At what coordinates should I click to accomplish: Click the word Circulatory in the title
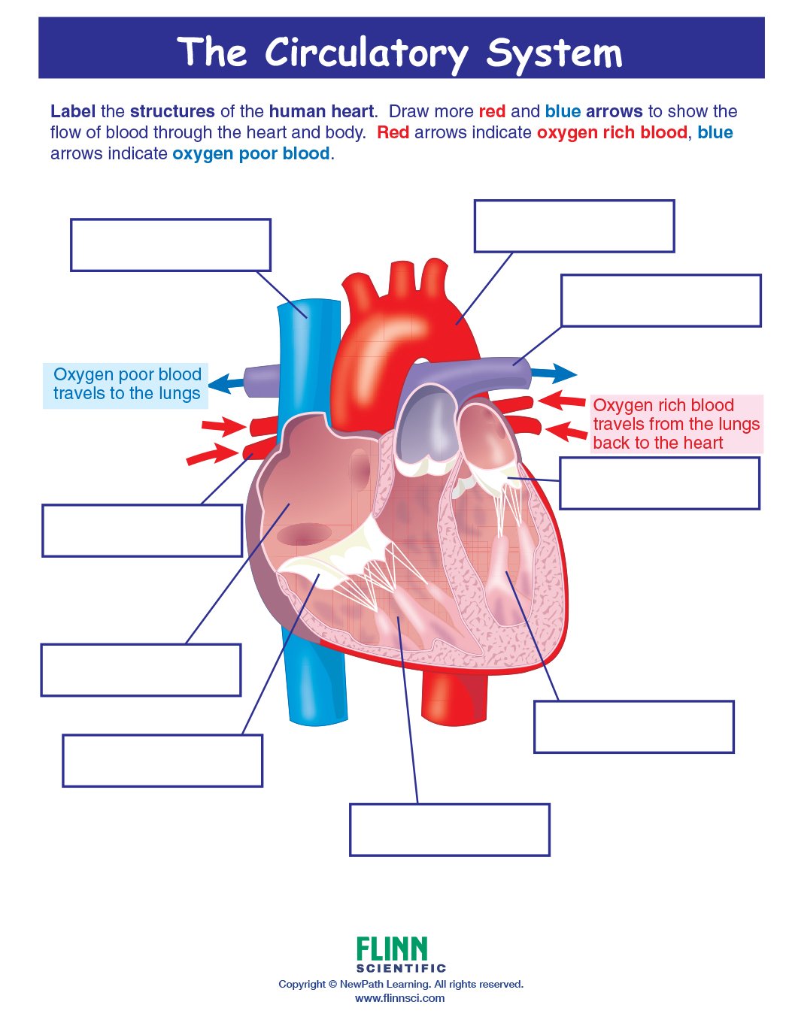click(x=366, y=53)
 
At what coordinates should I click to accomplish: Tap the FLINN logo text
click(x=391, y=949)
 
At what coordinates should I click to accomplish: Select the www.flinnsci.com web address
click(x=399, y=998)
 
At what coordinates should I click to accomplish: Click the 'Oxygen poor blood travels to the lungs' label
click(x=126, y=384)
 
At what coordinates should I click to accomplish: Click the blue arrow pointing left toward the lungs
click(x=225, y=383)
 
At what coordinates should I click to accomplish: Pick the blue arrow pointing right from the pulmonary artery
click(x=554, y=373)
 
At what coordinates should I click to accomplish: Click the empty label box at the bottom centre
click(x=449, y=830)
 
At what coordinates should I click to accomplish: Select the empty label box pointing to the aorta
click(x=574, y=226)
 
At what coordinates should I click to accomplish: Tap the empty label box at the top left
click(x=170, y=245)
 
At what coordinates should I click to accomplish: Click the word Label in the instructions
click(x=72, y=111)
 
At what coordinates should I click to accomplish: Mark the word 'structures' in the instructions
click(x=172, y=111)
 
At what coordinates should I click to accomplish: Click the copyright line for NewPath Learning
click(x=400, y=984)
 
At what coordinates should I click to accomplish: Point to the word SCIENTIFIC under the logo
click(x=400, y=968)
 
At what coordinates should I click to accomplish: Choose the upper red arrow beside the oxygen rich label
click(x=562, y=400)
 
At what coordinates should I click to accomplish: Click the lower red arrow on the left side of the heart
click(x=211, y=454)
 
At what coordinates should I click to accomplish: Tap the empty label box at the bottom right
click(x=633, y=727)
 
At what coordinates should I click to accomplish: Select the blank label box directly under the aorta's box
click(x=660, y=301)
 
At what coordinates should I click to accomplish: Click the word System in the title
click(x=554, y=53)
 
